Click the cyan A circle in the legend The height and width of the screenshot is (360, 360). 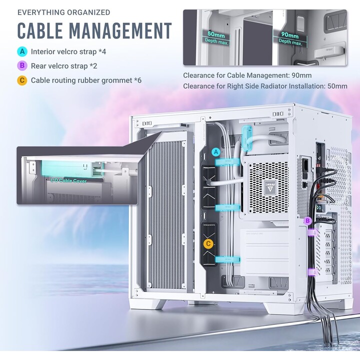(22, 51)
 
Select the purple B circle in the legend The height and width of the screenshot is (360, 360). (22, 66)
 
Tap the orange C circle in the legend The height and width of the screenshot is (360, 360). (22, 80)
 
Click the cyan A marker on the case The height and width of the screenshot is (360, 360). (215, 152)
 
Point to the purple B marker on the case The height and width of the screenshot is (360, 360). (307, 221)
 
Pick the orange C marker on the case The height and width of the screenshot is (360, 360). (208, 243)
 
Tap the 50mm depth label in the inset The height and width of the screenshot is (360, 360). (216, 35)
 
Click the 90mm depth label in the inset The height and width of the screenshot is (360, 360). (290, 35)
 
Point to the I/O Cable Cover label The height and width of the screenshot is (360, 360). (68, 180)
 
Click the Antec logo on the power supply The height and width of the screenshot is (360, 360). (270, 187)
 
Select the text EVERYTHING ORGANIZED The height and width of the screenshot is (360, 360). (64, 12)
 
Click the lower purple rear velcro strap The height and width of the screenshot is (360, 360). (312, 272)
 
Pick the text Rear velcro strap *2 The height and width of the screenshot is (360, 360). (64, 66)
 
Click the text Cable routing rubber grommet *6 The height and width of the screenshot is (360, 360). (86, 80)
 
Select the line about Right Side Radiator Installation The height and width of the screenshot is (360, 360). (265, 86)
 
